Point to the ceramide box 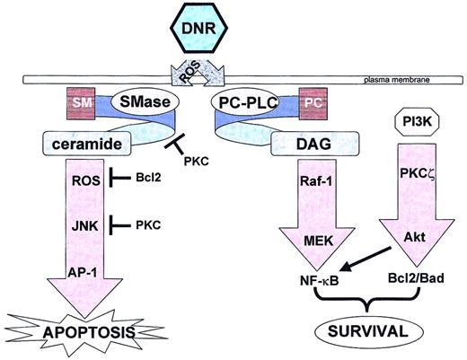click(83, 142)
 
